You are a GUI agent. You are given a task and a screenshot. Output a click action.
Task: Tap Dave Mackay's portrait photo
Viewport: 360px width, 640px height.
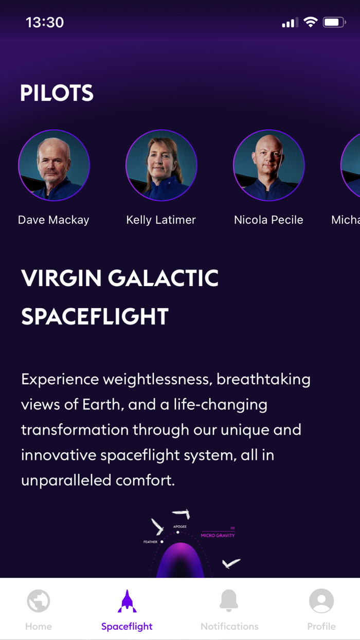[x=54, y=165]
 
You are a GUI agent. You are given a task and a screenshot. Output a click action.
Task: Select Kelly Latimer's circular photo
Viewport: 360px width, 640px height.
[x=161, y=165]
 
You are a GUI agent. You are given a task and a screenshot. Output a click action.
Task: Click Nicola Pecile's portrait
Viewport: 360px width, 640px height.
[x=268, y=165]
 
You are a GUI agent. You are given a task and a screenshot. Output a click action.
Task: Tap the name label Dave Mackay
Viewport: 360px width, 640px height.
[x=53, y=220]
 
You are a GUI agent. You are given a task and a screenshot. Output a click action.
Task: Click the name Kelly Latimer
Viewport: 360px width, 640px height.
[x=161, y=220]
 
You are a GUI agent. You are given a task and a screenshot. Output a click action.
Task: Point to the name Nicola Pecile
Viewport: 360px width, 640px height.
[x=268, y=220]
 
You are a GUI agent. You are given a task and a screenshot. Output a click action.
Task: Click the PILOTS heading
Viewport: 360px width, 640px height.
[x=57, y=93]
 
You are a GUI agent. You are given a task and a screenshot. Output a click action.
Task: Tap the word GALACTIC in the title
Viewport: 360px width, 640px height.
[x=164, y=278]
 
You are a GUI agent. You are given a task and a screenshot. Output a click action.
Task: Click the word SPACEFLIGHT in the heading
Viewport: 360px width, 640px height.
[x=95, y=316]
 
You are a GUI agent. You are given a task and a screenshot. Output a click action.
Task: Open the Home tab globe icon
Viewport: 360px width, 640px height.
[x=39, y=601]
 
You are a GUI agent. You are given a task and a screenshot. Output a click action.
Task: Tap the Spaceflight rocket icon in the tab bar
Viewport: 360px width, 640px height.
[x=127, y=601]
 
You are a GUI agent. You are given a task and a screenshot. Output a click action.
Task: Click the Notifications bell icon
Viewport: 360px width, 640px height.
[x=229, y=601]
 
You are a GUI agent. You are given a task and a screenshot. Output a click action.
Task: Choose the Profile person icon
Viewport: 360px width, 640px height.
[x=321, y=601]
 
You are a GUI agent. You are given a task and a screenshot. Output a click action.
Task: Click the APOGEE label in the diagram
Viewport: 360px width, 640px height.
[x=180, y=527]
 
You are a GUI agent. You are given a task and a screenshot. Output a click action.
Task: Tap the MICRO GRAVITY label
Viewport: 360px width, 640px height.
[x=218, y=536]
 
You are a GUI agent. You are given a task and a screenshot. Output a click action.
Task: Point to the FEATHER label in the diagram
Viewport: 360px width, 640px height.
[x=150, y=542]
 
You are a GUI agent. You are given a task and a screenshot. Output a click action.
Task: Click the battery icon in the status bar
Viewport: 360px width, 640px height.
[x=334, y=22]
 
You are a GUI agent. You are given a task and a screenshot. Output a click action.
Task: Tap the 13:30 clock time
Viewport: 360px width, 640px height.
[x=45, y=22]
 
